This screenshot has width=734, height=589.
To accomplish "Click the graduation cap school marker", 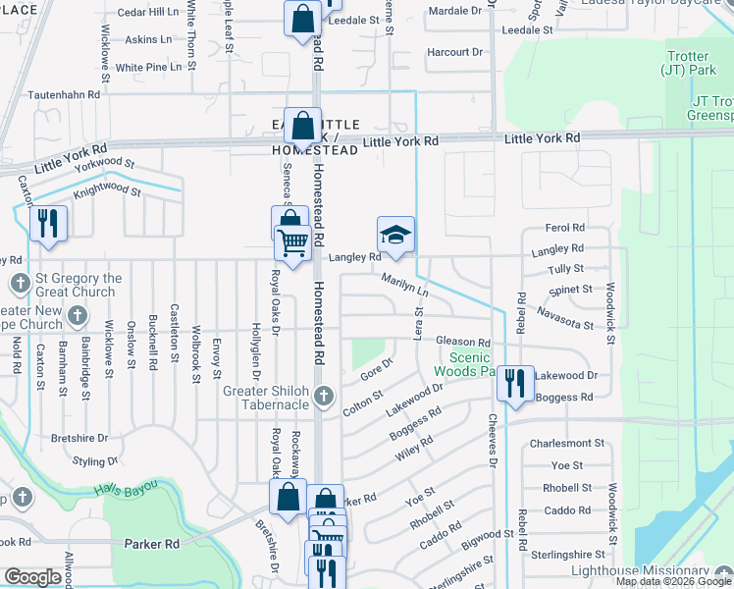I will point(395,236).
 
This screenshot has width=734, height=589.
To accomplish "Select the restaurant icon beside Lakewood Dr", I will point(514,383).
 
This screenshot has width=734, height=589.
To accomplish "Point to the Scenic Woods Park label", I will point(469,365).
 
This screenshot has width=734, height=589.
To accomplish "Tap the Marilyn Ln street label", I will point(405,285).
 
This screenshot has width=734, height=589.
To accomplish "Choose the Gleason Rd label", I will point(462,343).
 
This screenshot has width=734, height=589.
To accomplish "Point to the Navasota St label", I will point(566,318).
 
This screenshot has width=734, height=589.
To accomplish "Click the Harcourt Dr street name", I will point(455,51).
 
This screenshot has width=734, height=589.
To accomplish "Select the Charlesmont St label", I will point(566,444).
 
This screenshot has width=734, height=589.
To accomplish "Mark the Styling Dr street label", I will point(95,460).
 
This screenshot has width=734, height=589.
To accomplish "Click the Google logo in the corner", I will point(32,577).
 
